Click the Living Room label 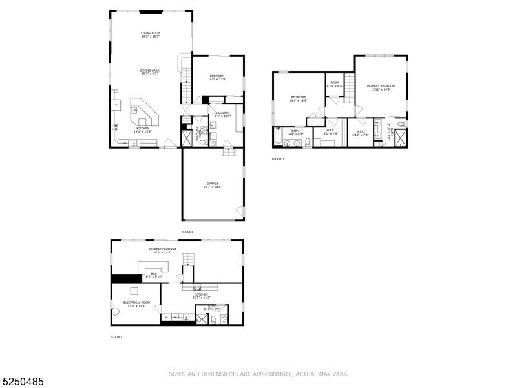(x=151, y=34)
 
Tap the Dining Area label (x=150, y=72)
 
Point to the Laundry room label (x=223, y=114)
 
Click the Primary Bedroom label (x=381, y=87)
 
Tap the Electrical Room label (x=136, y=304)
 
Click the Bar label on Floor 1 (x=154, y=275)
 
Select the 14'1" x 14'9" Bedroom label (x=298, y=99)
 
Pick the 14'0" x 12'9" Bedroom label (x=216, y=78)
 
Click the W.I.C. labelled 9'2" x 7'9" (x=330, y=133)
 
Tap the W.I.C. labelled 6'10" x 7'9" (x=360, y=133)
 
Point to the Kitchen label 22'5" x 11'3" (x=200, y=296)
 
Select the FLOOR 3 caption (x=277, y=159)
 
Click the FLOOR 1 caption (x=116, y=337)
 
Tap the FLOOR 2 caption (x=187, y=232)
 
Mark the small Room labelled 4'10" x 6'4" (x=335, y=84)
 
